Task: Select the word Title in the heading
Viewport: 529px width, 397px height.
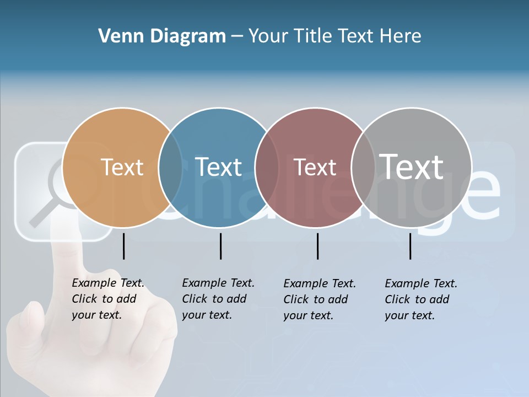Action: tap(314, 36)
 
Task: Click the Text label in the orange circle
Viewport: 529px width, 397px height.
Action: tap(122, 167)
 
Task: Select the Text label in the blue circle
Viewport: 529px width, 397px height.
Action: tap(218, 167)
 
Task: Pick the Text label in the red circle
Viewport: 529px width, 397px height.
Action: tap(315, 167)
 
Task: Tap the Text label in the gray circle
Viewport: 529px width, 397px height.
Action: tap(411, 167)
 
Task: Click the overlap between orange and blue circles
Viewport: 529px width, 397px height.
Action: tap(170, 168)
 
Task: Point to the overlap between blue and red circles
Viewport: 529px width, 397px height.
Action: tap(266, 168)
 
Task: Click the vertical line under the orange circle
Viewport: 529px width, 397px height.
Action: tap(124, 246)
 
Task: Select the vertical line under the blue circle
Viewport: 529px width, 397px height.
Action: tap(220, 246)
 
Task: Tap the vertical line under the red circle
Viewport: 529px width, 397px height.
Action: tap(317, 246)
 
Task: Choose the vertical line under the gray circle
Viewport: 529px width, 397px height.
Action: tap(410, 246)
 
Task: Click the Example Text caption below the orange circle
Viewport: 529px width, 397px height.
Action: tap(107, 299)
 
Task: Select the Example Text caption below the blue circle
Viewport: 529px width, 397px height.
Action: tap(218, 299)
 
